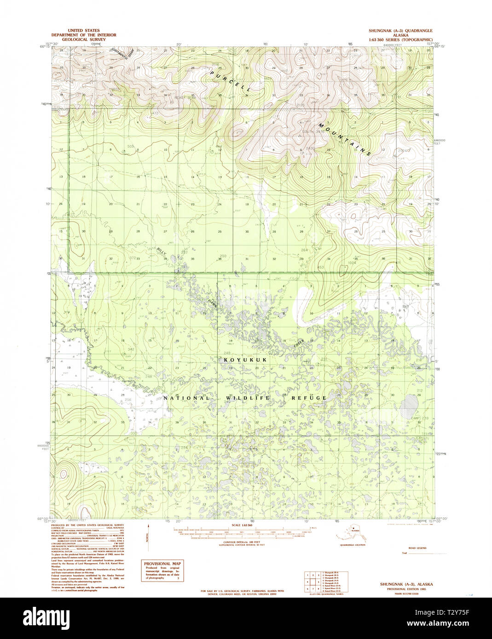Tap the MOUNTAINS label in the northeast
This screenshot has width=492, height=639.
[x=343, y=139]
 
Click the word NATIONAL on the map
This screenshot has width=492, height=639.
[x=186, y=398]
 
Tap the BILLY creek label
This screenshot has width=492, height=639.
[x=162, y=252]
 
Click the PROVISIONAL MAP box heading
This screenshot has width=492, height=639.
[x=162, y=564]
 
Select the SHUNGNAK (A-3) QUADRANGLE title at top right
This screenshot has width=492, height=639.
[x=400, y=31]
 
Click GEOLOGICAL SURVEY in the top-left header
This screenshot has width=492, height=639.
[x=84, y=40]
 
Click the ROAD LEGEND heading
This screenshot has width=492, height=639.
[x=417, y=548]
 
